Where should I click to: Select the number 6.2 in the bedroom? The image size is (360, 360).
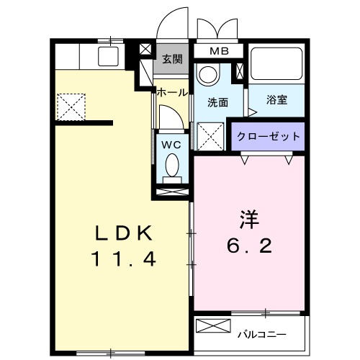(x=248, y=246)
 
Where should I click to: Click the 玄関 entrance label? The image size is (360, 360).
(x=171, y=59)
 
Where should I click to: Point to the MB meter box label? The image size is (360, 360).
(x=219, y=52)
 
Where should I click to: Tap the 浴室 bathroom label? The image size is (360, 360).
(x=276, y=100)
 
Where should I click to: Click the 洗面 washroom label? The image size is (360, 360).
(x=218, y=102)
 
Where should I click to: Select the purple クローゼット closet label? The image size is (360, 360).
(x=267, y=136)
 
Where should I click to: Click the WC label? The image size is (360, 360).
(x=171, y=144)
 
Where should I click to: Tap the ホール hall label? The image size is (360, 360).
(x=172, y=92)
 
